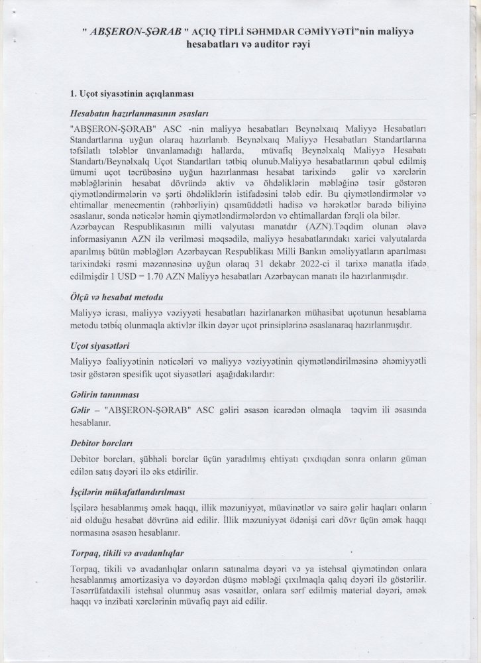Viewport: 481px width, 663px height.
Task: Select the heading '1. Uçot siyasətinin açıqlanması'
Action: (131, 93)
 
